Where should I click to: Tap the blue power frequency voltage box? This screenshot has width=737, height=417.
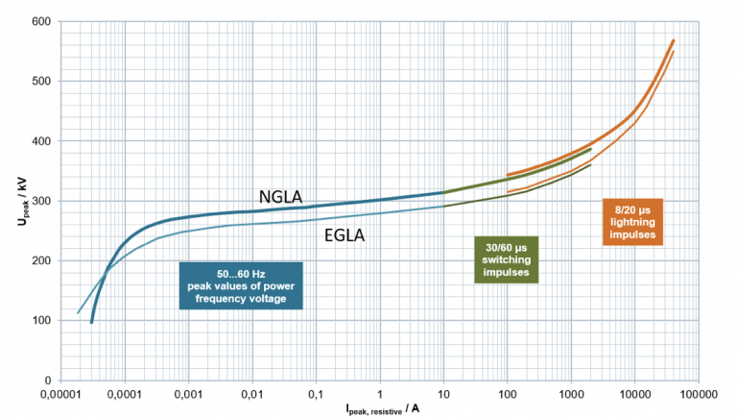(x=241, y=285)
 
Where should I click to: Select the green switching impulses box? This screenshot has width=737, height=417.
(x=507, y=258)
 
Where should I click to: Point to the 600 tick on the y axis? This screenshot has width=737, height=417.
(x=42, y=22)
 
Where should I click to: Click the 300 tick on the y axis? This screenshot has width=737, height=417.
(x=42, y=202)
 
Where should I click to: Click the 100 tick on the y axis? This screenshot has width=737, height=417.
(x=42, y=321)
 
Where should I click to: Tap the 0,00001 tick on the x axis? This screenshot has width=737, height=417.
(x=61, y=394)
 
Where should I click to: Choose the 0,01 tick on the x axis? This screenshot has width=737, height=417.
(x=252, y=394)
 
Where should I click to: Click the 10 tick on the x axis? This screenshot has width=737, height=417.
(x=442, y=394)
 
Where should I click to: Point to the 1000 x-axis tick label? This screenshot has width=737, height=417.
(x=569, y=394)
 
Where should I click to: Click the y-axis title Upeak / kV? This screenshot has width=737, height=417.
(x=13, y=201)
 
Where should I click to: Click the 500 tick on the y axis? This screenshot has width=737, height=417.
(x=42, y=82)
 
